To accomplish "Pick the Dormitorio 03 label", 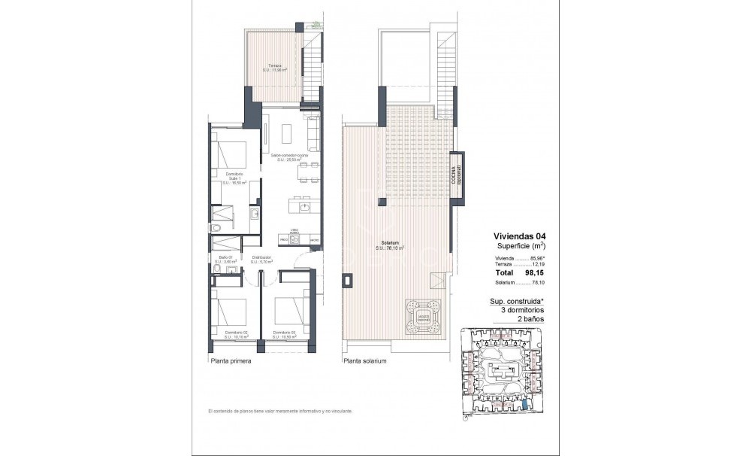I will pyautogui.click(x=284, y=334).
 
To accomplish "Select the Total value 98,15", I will pyautogui.click(x=533, y=274).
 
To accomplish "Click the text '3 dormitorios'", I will pyautogui.click(x=518, y=310).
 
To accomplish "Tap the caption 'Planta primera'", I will pyautogui.click(x=230, y=361).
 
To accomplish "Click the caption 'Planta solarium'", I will pyautogui.click(x=364, y=361).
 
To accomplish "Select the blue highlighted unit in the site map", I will pyautogui.click(x=524, y=406).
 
